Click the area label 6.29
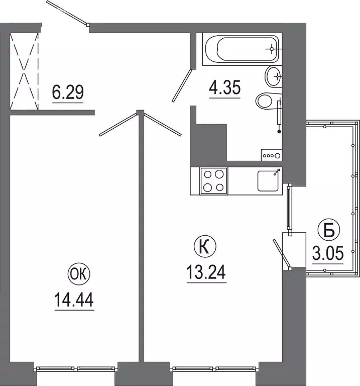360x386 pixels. coord(68,92)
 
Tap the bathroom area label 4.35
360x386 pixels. coord(225,87)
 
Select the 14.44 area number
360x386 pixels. coord(74,300)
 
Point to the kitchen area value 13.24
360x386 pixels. coord(206,272)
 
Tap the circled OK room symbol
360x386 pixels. coord(79,274)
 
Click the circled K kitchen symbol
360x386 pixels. coord(205,247)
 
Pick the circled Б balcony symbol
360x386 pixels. coord(329,230)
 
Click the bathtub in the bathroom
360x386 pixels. coord(242,49)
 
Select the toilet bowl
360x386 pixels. coord(269,100)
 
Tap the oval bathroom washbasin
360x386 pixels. coord(274,76)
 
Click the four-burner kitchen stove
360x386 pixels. coord(214,181)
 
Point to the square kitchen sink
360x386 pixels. coord(268,181)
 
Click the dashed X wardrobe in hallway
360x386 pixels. coord(24,71)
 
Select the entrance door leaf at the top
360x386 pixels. coord(67,13)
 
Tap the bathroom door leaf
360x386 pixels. coord(182,85)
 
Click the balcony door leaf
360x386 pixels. coord(282,253)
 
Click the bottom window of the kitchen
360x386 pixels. coord(215,369)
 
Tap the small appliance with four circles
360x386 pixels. coord(272,155)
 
